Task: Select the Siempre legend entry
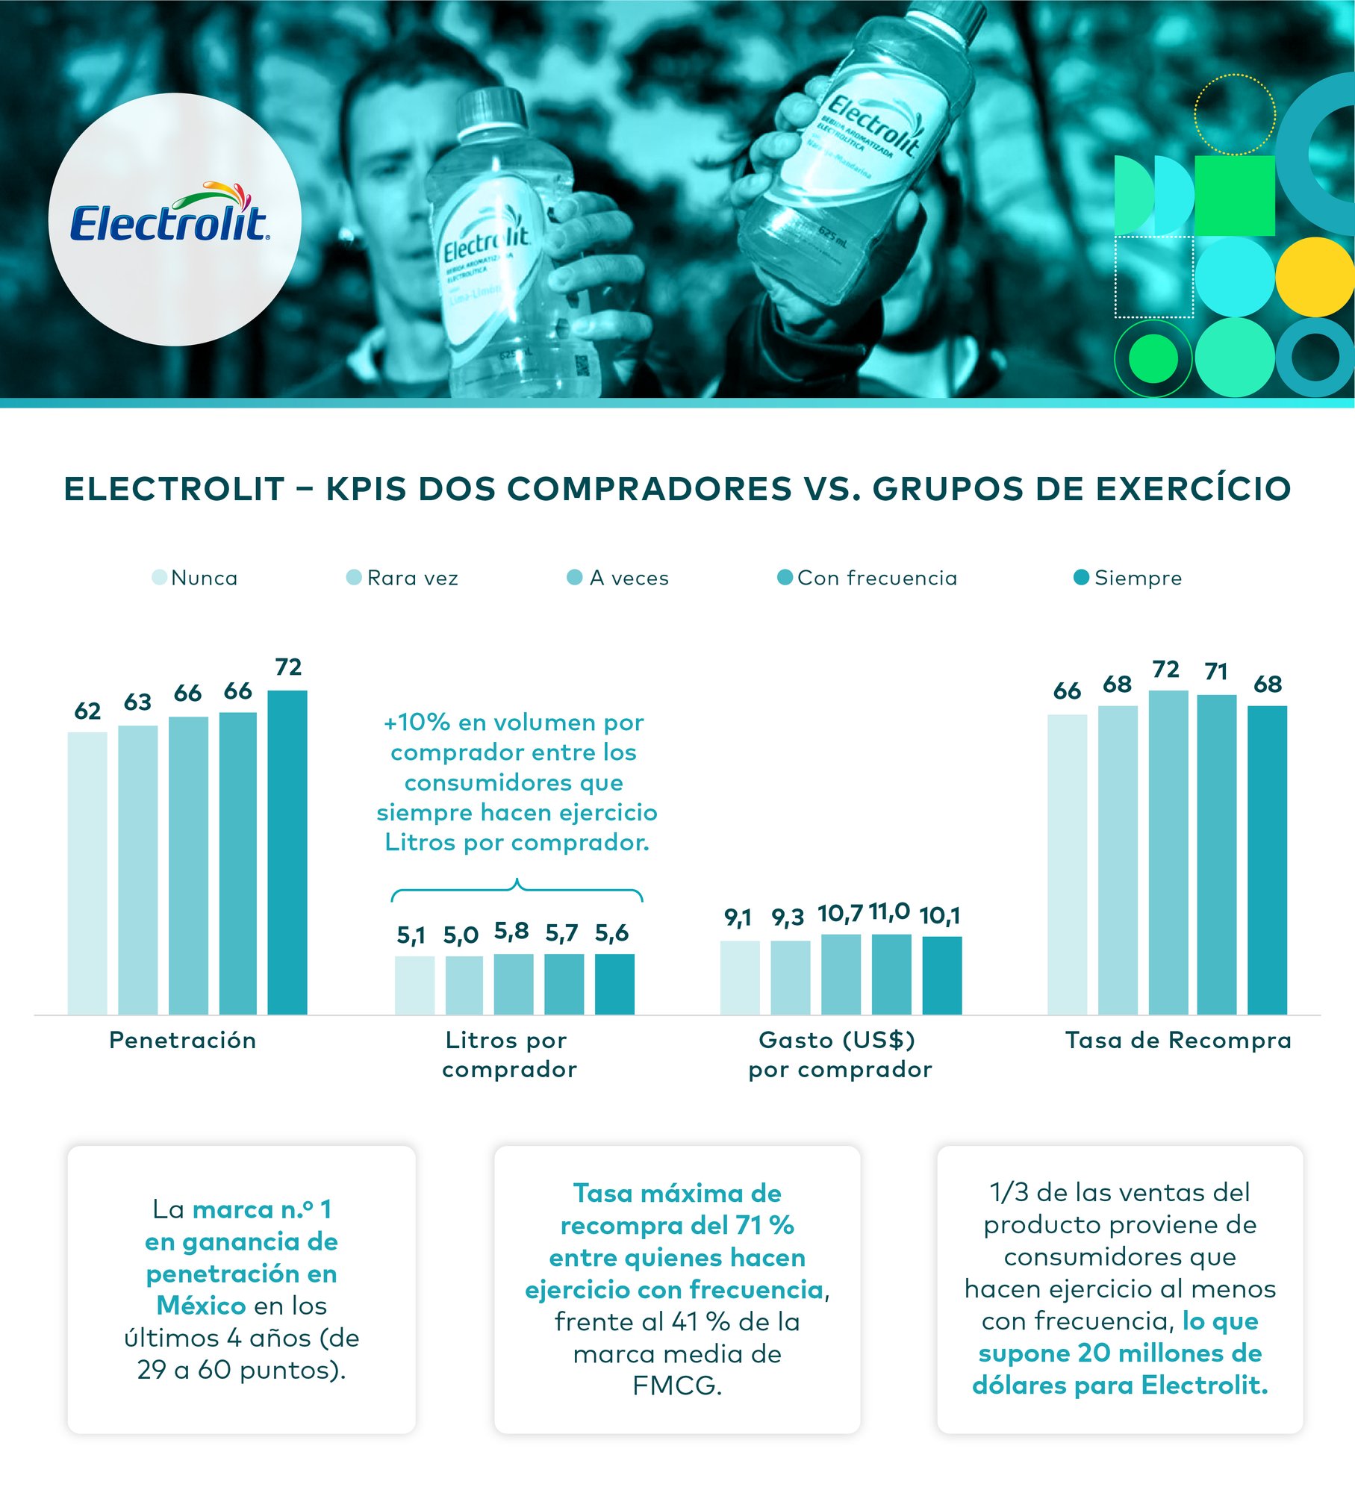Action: (x=1127, y=578)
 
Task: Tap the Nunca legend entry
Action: (x=195, y=578)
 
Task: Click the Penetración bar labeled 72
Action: (x=287, y=851)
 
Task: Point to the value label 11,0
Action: (x=889, y=911)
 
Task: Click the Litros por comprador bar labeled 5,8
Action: (x=513, y=983)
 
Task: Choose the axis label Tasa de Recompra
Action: (x=1178, y=1040)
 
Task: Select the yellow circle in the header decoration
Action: (x=1314, y=276)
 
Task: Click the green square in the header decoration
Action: (x=1234, y=195)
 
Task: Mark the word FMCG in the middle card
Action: (x=677, y=1386)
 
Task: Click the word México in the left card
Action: (x=201, y=1306)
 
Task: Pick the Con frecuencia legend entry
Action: (x=867, y=578)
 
